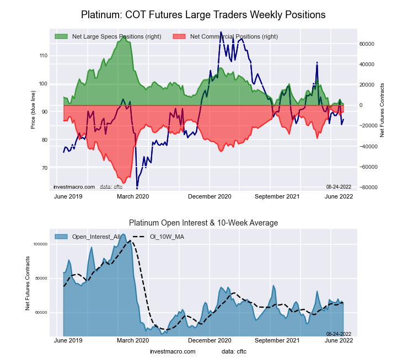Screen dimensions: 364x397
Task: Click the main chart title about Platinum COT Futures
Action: (203, 14)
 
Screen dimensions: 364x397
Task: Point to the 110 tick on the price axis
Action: (44, 56)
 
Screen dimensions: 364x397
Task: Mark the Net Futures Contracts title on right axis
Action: (382, 110)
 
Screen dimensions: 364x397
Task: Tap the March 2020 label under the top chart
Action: (133, 196)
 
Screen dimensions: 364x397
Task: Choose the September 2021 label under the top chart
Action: (277, 196)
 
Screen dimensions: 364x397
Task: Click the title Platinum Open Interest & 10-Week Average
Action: (203, 223)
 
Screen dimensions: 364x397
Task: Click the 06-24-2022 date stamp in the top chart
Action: (339, 187)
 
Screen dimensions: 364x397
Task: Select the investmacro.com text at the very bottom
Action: (172, 351)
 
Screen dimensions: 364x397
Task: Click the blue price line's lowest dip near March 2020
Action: (137, 188)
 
